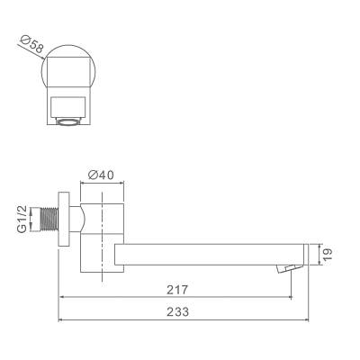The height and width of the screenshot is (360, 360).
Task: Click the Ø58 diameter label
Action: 29,45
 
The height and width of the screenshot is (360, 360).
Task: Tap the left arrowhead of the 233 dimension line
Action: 60,319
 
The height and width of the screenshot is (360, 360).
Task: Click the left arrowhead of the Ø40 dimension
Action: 83,183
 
